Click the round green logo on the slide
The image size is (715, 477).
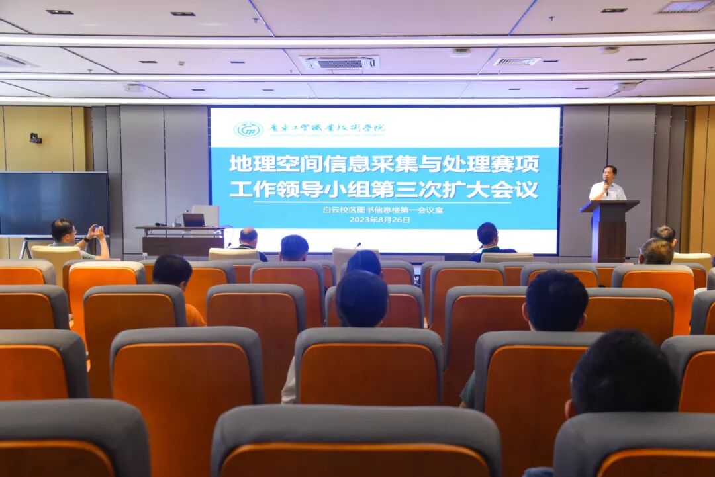tap(248, 129)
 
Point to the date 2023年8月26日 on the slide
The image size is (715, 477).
tap(379, 220)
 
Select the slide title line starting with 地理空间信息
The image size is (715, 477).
tap(384, 163)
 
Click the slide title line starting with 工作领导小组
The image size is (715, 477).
tap(384, 189)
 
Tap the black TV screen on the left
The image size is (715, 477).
tap(53, 203)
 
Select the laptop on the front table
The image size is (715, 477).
tap(194, 220)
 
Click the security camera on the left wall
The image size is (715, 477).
tap(35, 138)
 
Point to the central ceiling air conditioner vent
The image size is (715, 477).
tap(340, 63)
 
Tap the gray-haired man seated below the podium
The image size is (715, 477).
tap(656, 251)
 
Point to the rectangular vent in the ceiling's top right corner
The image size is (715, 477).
tap(684, 7)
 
